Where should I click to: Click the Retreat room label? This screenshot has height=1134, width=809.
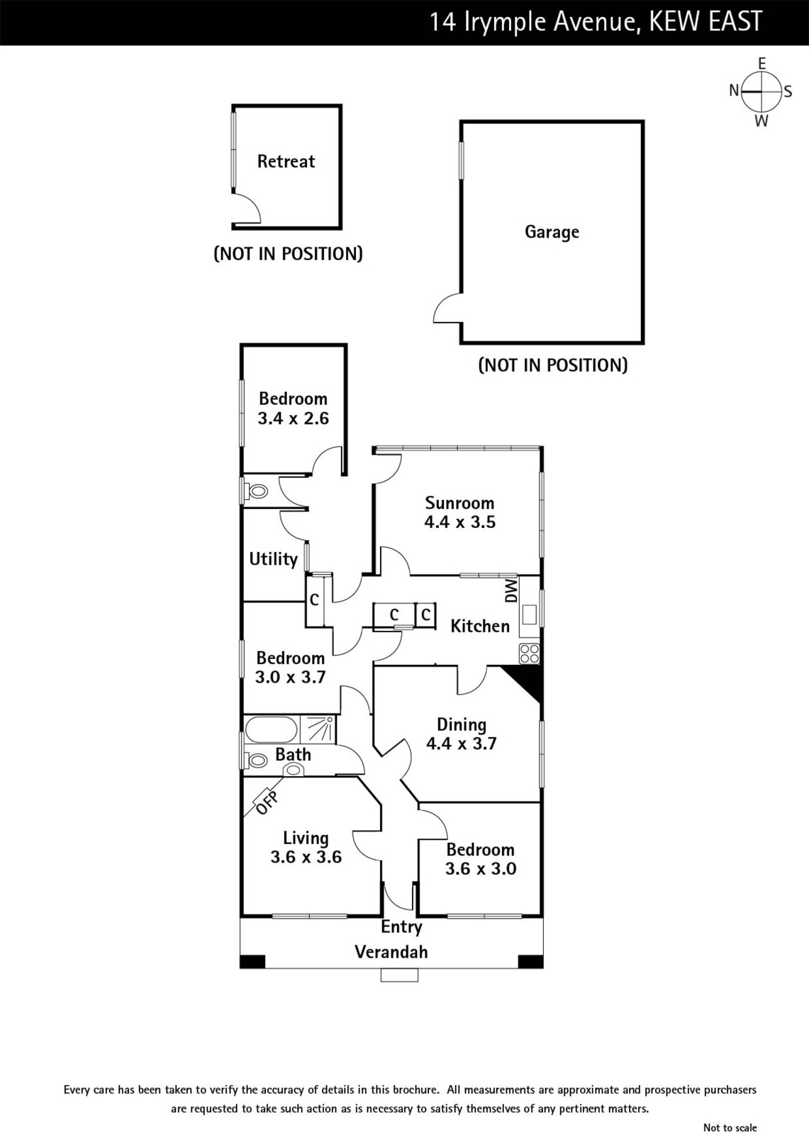(286, 162)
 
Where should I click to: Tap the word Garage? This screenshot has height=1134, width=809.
(552, 232)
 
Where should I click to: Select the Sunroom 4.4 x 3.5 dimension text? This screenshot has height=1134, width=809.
(459, 522)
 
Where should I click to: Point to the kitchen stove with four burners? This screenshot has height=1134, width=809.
(529, 653)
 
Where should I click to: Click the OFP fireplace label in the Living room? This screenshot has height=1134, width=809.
(267, 802)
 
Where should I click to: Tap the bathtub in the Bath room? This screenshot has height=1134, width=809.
(270, 729)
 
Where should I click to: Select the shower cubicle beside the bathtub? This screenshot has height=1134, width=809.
(318, 729)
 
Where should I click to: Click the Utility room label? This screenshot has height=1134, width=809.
(273, 559)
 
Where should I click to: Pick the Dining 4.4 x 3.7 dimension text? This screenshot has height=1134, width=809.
(461, 743)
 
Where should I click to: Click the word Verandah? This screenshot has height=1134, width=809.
(391, 952)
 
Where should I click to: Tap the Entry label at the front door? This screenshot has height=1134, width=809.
(401, 927)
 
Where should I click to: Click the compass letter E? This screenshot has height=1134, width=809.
(762, 64)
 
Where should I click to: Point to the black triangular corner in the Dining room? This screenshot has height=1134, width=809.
(528, 680)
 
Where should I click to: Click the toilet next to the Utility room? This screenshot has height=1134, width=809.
(257, 490)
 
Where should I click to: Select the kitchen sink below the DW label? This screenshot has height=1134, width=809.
(529, 614)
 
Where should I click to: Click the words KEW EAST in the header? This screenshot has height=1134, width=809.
(706, 22)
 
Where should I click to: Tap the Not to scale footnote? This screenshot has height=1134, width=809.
(730, 1128)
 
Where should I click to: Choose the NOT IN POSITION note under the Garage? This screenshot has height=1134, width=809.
(552, 366)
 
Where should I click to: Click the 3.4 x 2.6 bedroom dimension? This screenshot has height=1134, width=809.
(293, 418)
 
